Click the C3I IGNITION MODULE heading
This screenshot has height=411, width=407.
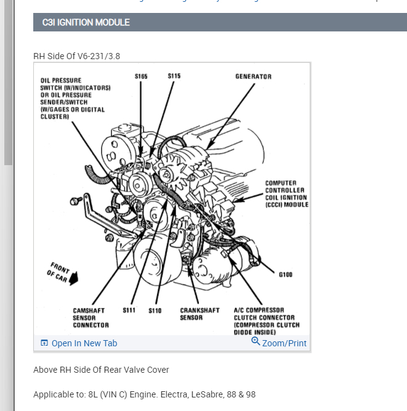click(86, 22)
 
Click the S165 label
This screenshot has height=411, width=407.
click(141, 76)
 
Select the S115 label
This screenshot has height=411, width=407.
click(174, 76)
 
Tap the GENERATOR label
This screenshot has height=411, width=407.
click(253, 76)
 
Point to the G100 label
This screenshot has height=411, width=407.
click(285, 275)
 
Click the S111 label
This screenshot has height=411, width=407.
click(129, 311)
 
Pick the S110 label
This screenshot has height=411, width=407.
click(155, 311)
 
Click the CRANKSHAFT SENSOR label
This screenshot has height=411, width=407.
click(199, 314)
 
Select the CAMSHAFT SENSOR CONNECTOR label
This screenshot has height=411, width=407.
click(91, 318)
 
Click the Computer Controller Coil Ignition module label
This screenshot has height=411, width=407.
click(286, 193)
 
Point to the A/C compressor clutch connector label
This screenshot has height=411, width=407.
click(267, 321)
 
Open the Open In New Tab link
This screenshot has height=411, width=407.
click(84, 343)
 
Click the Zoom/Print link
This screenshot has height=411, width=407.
click(284, 343)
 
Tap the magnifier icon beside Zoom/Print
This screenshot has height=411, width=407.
click(256, 342)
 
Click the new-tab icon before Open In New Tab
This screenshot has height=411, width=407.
click(44, 343)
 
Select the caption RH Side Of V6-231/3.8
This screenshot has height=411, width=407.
click(76, 56)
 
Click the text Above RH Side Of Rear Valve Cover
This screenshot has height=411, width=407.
click(101, 370)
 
